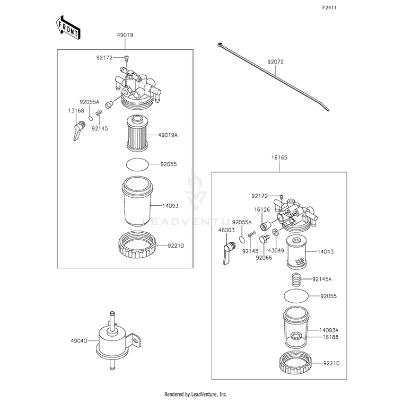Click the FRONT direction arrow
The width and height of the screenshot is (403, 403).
(x=68, y=28)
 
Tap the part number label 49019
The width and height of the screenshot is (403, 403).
(x=125, y=35)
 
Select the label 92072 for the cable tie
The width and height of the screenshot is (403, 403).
(x=276, y=62)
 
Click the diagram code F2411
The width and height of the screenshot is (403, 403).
(x=329, y=8)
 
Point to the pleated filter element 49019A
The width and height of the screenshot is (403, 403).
(x=137, y=133)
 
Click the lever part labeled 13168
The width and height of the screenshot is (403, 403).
(x=79, y=130)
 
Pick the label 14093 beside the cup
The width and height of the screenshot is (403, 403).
(x=170, y=206)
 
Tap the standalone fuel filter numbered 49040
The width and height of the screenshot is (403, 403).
(x=118, y=340)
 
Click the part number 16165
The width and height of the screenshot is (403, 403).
(x=279, y=157)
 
